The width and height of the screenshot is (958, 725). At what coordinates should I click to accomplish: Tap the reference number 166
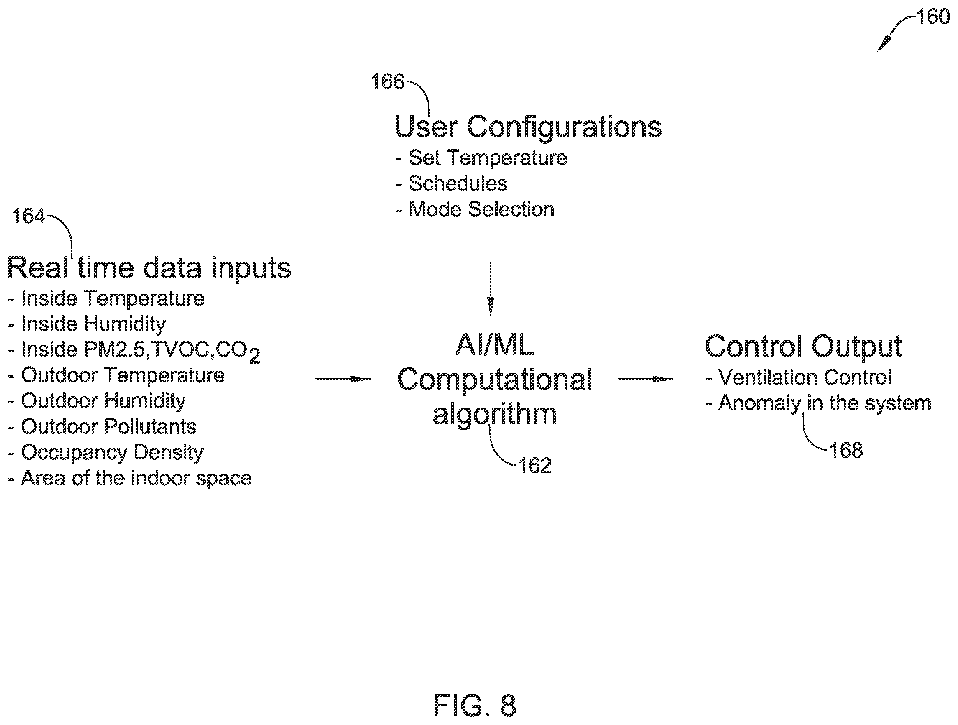pyautogui.click(x=387, y=81)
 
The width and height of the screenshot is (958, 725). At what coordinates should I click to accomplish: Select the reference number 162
pyautogui.click(x=535, y=466)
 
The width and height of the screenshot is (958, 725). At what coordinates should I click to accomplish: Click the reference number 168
pyautogui.click(x=846, y=450)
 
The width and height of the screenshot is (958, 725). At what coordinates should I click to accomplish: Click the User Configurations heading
pyautogui.click(x=528, y=127)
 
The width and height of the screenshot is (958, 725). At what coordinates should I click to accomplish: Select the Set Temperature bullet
pyautogui.click(x=481, y=158)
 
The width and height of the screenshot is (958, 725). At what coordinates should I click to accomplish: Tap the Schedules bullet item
pyautogui.click(x=451, y=184)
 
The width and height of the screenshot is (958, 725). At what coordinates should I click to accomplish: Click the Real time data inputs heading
pyautogui.click(x=149, y=268)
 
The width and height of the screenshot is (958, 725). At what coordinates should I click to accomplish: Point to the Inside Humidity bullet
pyautogui.click(x=87, y=324)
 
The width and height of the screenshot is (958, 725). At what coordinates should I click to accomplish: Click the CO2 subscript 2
pyautogui.click(x=254, y=358)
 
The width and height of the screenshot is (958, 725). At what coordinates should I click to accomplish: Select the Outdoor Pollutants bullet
pyautogui.click(x=102, y=426)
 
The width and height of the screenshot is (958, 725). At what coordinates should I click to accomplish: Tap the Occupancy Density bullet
pyautogui.click(x=106, y=453)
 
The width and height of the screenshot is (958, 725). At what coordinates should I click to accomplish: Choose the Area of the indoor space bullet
pyautogui.click(x=130, y=478)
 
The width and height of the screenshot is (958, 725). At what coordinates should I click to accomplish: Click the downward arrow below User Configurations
pyautogui.click(x=490, y=290)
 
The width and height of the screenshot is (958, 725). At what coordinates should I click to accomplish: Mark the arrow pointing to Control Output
pyautogui.click(x=645, y=380)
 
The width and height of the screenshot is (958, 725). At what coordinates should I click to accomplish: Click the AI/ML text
pyautogui.click(x=495, y=345)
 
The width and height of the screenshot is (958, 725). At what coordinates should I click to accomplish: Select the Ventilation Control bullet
pyautogui.click(x=798, y=377)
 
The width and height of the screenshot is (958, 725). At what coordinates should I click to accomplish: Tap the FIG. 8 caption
pyautogui.click(x=474, y=705)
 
